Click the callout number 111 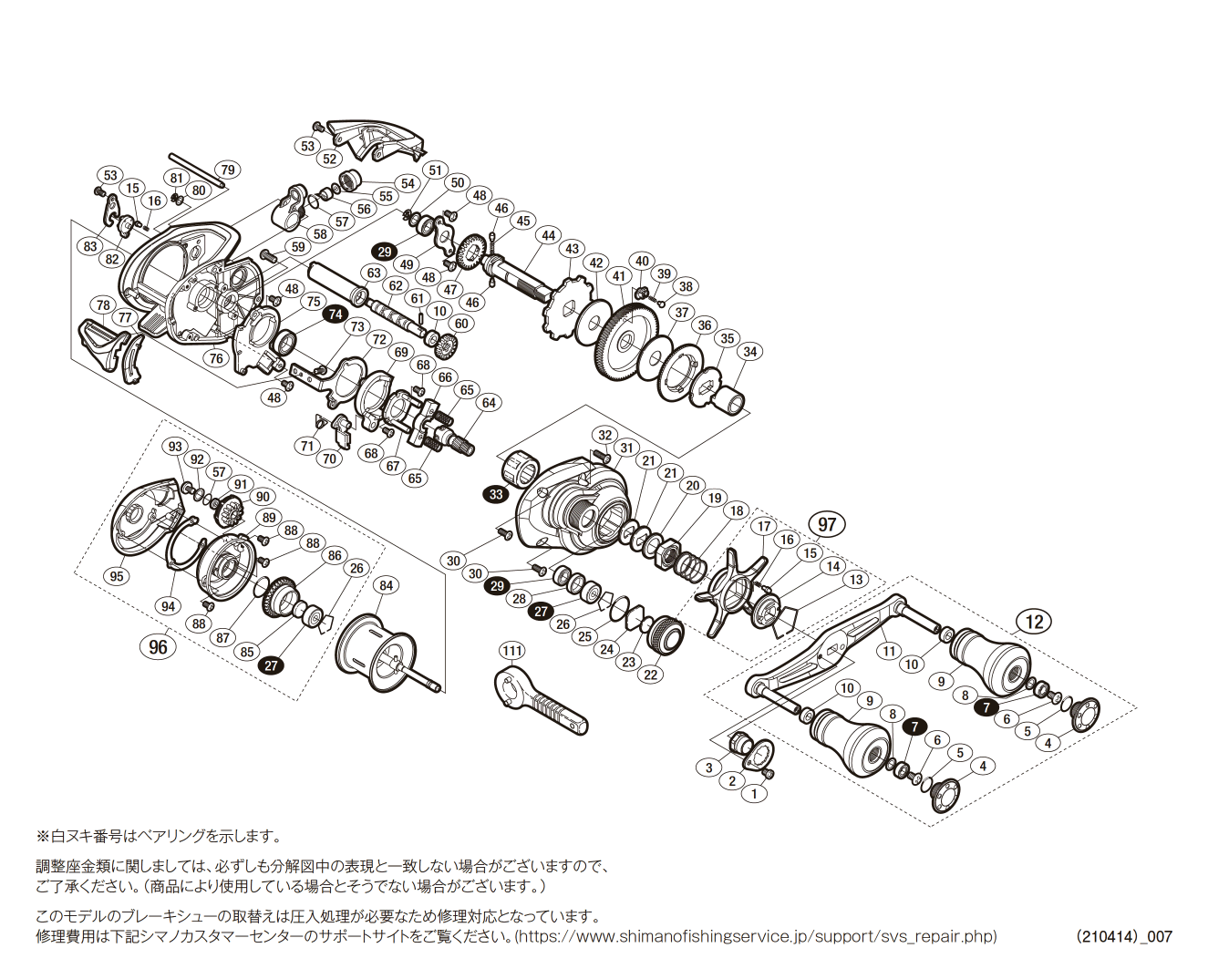512,650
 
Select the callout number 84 387,585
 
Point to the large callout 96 159,646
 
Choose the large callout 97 827,524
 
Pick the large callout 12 1034,622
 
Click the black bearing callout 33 496,494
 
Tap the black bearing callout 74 336,314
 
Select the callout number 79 228,170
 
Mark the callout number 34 749,352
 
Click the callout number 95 116,576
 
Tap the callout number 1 754,793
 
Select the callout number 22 650,675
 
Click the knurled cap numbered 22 666,634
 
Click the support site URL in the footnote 756,936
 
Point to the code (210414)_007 1123,936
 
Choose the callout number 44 548,235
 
